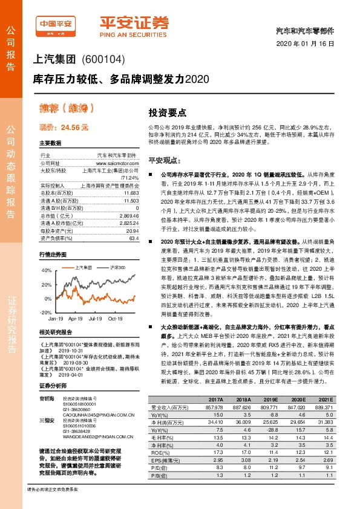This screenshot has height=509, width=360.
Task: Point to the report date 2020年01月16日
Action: click(309, 45)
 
